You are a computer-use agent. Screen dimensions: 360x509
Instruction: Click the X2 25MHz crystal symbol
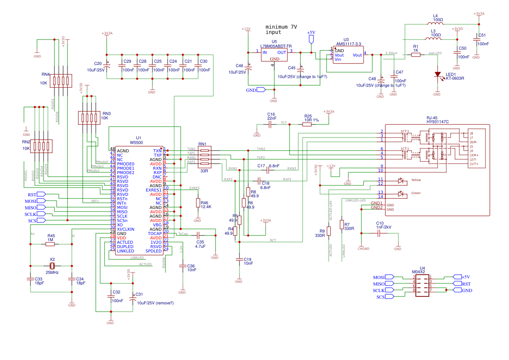point(52,266)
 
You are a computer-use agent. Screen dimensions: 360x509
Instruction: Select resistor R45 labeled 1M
point(51,245)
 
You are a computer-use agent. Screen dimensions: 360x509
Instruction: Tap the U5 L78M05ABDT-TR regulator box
point(274,55)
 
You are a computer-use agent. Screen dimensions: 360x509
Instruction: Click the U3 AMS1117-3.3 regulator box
point(348,55)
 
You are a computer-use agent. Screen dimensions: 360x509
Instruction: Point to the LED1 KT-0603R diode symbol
point(438,74)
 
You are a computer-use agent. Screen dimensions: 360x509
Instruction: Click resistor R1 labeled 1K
point(416,55)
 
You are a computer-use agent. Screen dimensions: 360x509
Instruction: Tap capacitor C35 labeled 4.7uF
point(199,236)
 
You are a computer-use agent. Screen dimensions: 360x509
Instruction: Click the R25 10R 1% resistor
point(307,124)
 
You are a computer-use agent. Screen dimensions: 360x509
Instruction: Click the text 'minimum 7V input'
point(281,30)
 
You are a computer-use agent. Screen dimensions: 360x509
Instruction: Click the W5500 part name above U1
point(136,143)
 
